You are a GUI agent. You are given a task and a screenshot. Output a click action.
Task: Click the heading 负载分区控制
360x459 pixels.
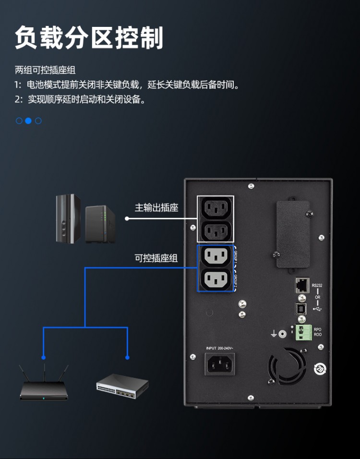[x=89, y=38]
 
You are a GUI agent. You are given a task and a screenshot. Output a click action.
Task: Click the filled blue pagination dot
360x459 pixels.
[x=28, y=121]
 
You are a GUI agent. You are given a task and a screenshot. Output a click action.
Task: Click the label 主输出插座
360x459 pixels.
[x=156, y=207]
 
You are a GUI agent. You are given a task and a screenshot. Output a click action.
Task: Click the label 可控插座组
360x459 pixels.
[x=156, y=258]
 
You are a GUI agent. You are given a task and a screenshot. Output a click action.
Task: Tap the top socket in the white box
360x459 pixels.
[x=215, y=207]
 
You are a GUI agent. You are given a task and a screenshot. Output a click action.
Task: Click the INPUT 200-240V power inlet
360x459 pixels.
[x=220, y=364]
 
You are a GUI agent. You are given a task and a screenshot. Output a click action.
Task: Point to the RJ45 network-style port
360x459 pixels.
[x=301, y=285]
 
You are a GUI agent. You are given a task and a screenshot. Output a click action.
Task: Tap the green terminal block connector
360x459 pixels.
[x=303, y=331]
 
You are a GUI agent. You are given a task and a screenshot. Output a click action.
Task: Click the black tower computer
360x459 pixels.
[x=67, y=218]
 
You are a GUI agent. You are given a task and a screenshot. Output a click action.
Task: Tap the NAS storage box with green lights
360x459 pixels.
[x=100, y=224]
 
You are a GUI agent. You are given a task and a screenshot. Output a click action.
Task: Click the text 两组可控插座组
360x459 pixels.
[x=45, y=70]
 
